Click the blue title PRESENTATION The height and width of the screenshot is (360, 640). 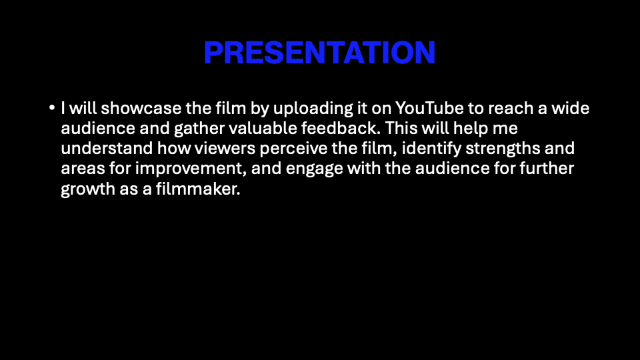319,53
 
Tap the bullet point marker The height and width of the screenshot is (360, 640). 52,108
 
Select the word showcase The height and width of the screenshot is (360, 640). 141,108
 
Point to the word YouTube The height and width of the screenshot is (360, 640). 429,108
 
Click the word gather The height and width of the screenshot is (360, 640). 199,129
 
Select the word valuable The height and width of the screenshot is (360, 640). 263,128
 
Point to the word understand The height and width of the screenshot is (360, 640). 107,148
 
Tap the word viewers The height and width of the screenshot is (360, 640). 225,148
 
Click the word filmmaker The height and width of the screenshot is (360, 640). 198,189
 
